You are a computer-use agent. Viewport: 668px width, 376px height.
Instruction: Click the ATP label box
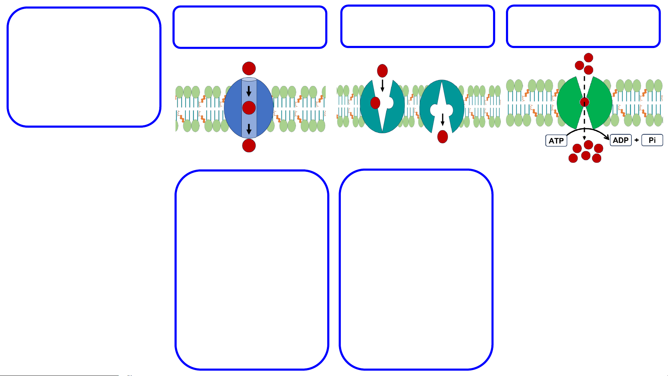556,141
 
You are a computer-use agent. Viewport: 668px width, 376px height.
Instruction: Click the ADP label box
621,140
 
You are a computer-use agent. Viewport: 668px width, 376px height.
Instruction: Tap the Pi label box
652,140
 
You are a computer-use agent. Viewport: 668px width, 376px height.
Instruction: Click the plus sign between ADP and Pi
636,140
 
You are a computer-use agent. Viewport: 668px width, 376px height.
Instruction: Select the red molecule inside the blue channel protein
249,108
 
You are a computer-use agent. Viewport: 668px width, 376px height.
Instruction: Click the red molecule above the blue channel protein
249,69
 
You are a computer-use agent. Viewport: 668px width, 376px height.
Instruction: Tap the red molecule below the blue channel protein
249,145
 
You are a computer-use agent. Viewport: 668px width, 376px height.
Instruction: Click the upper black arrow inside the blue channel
249,91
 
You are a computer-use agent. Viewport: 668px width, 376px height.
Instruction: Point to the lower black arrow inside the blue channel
249,129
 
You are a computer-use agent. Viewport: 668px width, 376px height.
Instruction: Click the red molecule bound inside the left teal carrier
375,103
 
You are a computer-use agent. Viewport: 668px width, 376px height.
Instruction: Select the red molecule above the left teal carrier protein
383,71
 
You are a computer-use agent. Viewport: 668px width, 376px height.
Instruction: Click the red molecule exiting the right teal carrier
443,137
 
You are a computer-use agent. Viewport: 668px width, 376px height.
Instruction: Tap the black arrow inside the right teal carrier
443,119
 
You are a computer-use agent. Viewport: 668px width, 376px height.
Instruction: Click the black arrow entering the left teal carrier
383,86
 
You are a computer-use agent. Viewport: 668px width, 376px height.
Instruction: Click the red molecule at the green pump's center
585,102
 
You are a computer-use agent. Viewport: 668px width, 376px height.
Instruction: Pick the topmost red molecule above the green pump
588,57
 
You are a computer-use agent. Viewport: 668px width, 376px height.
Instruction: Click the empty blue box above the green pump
583,26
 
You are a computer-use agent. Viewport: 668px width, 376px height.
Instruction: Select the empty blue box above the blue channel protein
250,27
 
